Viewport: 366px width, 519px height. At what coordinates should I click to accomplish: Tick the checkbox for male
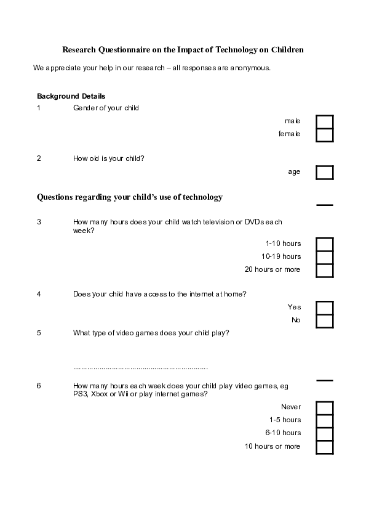pyautogui.click(x=324, y=121)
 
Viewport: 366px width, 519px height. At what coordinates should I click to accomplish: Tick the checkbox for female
pyautogui.click(x=324, y=134)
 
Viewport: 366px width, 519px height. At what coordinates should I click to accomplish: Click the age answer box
pyautogui.click(x=324, y=172)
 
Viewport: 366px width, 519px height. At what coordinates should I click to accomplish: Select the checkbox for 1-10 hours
pyautogui.click(x=324, y=244)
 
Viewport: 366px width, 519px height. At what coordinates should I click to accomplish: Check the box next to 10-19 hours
pyautogui.click(x=324, y=257)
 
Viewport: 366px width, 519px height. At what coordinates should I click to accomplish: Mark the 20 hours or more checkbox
pyautogui.click(x=324, y=270)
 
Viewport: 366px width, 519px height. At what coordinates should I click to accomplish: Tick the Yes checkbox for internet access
pyautogui.click(x=324, y=308)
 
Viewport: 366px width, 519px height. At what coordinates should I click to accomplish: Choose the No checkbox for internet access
pyautogui.click(x=324, y=321)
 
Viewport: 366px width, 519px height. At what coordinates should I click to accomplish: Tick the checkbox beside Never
pyautogui.click(x=324, y=407)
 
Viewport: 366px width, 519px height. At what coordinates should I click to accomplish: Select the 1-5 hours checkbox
pyautogui.click(x=324, y=420)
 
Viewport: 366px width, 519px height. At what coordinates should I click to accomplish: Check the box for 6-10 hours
pyautogui.click(x=324, y=433)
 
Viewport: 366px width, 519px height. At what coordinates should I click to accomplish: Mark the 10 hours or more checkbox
pyautogui.click(x=324, y=446)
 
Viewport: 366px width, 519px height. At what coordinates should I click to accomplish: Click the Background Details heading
pyautogui.click(x=71, y=96)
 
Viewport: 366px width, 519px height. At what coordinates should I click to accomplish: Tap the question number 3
pyautogui.click(x=39, y=222)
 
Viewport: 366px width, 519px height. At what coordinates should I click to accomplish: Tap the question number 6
pyautogui.click(x=39, y=386)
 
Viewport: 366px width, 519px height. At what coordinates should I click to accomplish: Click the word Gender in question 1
pyautogui.click(x=84, y=108)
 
